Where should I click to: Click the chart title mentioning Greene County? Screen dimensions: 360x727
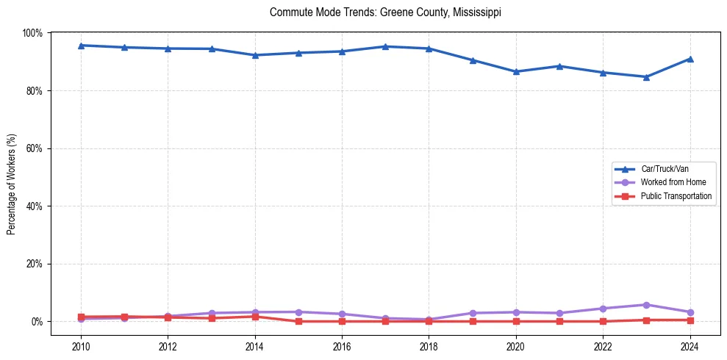385,12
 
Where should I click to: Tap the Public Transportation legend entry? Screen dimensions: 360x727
676,196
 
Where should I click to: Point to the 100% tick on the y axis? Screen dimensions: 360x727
32,33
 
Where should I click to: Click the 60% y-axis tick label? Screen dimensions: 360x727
34,148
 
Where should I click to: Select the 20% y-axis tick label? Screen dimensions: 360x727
34,264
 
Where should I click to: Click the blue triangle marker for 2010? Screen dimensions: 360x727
81,46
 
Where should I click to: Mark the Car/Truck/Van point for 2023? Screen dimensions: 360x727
646,77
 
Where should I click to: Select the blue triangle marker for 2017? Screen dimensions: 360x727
385,46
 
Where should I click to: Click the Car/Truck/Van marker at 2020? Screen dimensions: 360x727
516,71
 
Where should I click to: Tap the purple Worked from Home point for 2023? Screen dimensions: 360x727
646,305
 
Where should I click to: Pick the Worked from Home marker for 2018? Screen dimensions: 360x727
429,320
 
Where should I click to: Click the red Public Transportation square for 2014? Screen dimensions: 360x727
255,317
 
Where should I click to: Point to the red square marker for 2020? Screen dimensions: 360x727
516,321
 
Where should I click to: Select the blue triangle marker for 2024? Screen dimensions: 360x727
690,59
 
